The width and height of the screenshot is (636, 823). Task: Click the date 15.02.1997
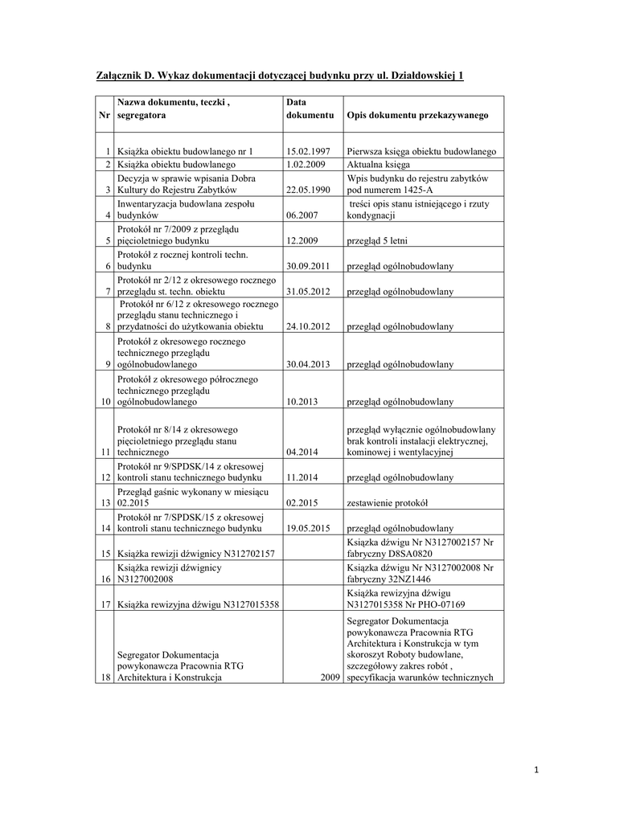(309, 152)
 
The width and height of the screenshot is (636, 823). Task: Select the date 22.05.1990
(309, 190)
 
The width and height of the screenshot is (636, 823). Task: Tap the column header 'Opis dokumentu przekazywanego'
(417, 116)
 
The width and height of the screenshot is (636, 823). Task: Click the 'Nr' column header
(104, 116)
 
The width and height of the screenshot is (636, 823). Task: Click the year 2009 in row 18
(329, 678)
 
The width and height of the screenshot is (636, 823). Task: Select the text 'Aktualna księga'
(379, 165)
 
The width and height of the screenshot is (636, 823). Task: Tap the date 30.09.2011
(309, 265)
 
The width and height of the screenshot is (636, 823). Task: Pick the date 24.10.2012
(309, 327)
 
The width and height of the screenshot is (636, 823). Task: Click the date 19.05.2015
(309, 529)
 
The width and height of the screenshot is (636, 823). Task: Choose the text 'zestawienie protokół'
(388, 503)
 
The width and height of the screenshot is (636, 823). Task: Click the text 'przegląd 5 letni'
(380, 240)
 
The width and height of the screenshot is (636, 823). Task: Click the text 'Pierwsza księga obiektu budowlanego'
(421, 152)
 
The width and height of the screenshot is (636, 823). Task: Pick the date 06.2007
(303, 215)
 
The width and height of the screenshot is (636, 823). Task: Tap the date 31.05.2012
(309, 291)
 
